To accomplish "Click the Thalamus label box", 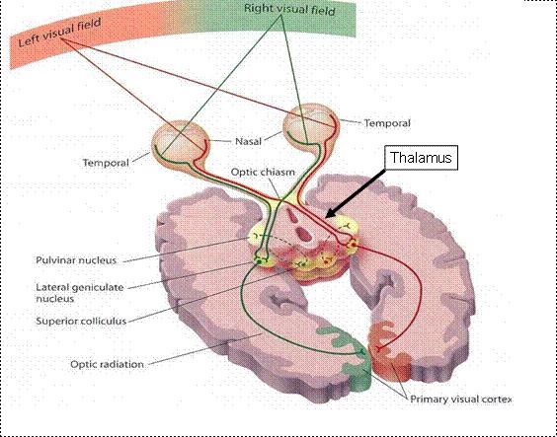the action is [421, 157].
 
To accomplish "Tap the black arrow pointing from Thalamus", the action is [356, 193].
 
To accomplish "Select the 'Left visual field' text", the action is [59, 33].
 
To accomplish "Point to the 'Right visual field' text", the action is [289, 9].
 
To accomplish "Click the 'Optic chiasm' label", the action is [263, 172].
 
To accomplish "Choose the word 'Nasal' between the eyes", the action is [248, 141].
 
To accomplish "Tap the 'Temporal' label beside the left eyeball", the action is [106, 163].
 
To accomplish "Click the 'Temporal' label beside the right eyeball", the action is [387, 123].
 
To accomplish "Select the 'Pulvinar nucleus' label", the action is [76, 260].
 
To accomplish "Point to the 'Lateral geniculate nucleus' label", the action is [80, 293].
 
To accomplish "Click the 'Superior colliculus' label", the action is [81, 321].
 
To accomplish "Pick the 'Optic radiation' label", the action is [107, 364].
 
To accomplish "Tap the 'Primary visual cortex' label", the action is [461, 400].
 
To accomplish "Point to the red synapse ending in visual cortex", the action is [378, 348].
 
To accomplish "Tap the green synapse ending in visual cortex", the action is [361, 352].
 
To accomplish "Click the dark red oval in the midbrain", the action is [304, 234].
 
